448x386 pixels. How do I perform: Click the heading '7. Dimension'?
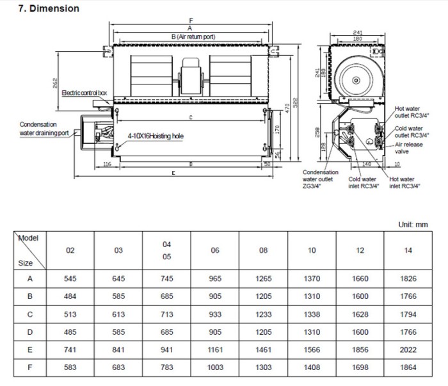pyautogui.click(x=40, y=8)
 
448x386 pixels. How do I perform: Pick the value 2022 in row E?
pyautogui.click(x=408, y=350)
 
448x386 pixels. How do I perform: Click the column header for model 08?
pyautogui.click(x=263, y=250)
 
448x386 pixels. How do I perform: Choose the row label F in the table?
pyautogui.click(x=29, y=367)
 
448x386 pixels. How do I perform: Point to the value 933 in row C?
pyautogui.click(x=215, y=314)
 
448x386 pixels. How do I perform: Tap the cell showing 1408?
pyautogui.click(x=311, y=367)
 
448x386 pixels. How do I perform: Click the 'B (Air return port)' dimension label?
pyautogui.click(x=193, y=36)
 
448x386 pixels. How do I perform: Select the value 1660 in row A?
pyautogui.click(x=360, y=279)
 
